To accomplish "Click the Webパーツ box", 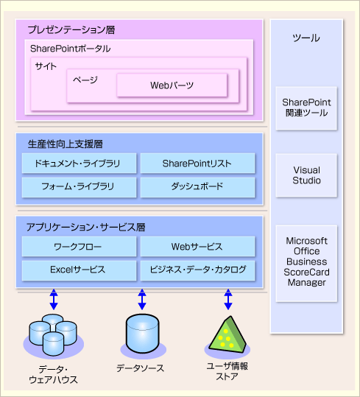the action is tap(172, 85).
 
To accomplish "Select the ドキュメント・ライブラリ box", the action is tap(79, 164).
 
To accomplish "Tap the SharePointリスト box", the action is tap(197, 164).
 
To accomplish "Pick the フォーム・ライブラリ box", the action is tap(79, 187).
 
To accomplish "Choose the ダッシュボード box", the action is tap(197, 187).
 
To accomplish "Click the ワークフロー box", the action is tap(79, 246).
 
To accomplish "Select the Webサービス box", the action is tap(197, 246).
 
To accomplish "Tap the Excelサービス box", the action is tap(79, 270).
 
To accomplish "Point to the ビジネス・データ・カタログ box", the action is tap(197, 270).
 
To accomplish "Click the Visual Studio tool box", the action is tap(306, 175).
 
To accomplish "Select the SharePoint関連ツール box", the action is tap(306, 108).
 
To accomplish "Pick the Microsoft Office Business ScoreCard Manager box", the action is tap(306, 264).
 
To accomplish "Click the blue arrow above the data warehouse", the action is tap(54, 299).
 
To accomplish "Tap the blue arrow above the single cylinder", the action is tap(142, 299).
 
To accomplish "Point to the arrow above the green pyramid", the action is tap(228, 299).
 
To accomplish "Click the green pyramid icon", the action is tap(227, 334).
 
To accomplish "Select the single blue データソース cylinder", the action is tap(142, 334).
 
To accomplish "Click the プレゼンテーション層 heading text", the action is tap(71, 30).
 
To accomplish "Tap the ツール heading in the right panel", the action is tap(306, 38).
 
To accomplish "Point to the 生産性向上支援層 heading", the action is tap(66, 144).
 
